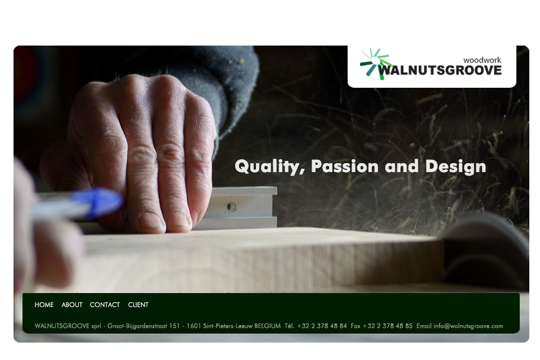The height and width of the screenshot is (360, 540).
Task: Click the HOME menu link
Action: click(44, 305)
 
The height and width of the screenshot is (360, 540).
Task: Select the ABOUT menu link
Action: click(72, 305)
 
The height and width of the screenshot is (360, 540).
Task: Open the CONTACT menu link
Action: click(105, 305)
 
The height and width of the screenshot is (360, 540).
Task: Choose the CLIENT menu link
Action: click(138, 305)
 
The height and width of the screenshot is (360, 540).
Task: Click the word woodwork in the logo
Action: click(482, 60)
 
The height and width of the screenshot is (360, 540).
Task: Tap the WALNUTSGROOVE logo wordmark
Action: click(440, 70)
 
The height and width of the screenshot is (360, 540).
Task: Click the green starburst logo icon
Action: click(375, 64)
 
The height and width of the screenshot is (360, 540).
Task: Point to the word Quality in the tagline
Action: click(269, 166)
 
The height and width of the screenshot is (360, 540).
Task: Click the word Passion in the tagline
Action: click(345, 166)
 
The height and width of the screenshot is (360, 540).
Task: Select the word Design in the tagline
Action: click(456, 166)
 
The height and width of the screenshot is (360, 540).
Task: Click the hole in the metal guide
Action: click(231, 206)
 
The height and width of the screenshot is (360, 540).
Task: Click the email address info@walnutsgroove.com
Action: click(468, 326)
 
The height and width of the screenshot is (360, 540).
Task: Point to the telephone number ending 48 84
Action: click(322, 326)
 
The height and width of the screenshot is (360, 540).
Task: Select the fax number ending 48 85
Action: click(388, 326)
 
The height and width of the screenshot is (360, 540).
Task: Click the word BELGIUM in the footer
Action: click(267, 326)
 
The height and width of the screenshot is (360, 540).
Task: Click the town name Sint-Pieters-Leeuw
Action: click(228, 326)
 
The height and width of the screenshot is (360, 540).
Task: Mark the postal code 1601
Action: click(193, 326)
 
